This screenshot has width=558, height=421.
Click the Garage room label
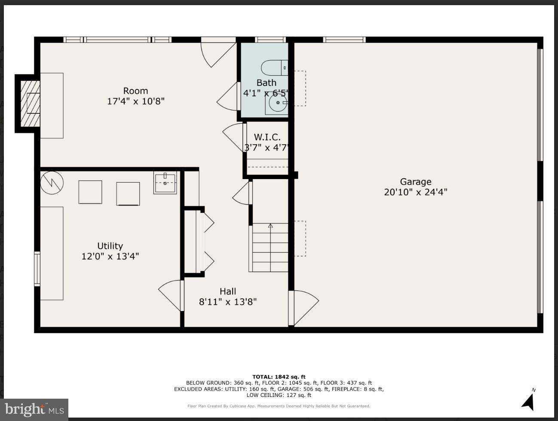tap(415, 182)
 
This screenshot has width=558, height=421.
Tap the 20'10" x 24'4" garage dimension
tap(415, 192)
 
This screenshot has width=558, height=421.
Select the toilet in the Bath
tap(274, 68)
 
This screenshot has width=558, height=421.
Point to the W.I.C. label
tap(267, 137)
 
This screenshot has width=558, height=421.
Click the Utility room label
tap(110, 246)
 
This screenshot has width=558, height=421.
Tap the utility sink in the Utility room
tap(165, 183)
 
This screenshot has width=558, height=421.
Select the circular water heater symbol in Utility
tap(52, 183)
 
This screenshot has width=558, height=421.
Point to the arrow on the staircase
tap(270, 226)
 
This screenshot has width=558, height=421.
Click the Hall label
tap(228, 291)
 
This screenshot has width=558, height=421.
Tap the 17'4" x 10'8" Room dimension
tap(136, 101)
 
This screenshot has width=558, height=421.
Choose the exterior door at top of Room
tap(218, 52)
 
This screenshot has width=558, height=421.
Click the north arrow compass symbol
tap(528, 400)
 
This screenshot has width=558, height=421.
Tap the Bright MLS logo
tap(34, 409)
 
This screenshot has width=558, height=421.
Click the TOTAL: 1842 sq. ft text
tap(279, 377)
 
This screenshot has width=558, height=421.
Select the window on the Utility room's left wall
tap(37, 269)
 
